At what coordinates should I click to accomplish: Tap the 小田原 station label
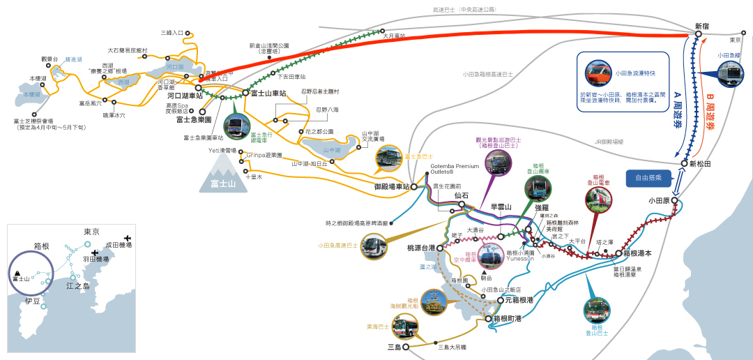(659, 200)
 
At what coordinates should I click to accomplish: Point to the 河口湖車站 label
(179, 97)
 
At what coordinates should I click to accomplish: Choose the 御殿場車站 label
(391, 187)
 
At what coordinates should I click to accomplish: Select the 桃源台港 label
(421, 248)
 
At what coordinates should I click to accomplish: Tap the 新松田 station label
(701, 164)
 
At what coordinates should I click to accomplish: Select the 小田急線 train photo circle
(730, 75)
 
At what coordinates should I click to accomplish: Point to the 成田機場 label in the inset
(119, 246)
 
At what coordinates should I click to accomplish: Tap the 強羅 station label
(542, 207)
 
